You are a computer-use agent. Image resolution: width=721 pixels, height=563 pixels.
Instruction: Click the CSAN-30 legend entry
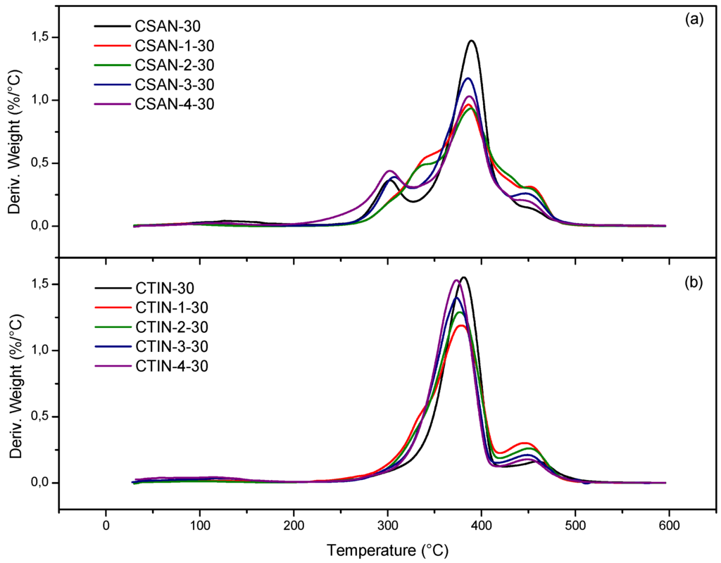pos(168,27)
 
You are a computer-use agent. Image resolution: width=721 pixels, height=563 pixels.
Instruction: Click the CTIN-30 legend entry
pos(165,289)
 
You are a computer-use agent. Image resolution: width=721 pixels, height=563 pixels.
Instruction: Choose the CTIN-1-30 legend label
pos(171,308)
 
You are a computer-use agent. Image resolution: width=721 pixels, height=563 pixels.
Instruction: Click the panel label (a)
pos(693,20)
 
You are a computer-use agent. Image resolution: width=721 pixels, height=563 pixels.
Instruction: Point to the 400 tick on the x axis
pos(481,524)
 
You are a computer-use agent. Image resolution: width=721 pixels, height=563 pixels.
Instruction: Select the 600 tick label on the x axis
pos(669,524)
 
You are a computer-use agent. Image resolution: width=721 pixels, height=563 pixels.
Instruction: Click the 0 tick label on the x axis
pos(106,524)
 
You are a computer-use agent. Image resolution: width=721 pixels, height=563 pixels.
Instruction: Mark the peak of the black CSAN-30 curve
pos(471,41)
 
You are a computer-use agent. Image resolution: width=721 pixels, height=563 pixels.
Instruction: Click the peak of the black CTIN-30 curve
pos(463,277)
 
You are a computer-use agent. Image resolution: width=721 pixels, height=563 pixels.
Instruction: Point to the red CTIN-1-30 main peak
pos(461,325)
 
